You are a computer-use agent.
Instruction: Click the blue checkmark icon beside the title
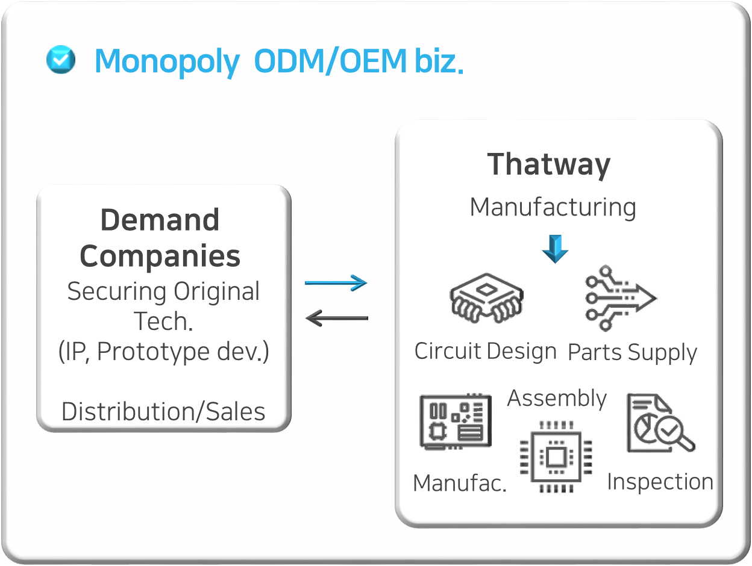click(61, 60)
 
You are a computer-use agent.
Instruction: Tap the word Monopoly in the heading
click(167, 61)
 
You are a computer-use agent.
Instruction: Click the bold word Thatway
click(548, 164)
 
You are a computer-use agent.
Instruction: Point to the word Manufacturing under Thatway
click(553, 207)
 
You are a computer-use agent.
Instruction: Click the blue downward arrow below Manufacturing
click(555, 249)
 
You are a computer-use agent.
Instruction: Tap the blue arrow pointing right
click(336, 282)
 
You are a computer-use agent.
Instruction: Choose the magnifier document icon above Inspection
click(659, 423)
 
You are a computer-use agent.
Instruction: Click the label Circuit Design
click(485, 351)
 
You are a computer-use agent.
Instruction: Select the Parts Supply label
click(632, 353)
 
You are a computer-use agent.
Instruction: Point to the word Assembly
click(557, 398)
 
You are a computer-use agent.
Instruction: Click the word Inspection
click(660, 482)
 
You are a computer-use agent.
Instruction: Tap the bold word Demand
click(160, 220)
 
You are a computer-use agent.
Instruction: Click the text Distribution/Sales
click(163, 412)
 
